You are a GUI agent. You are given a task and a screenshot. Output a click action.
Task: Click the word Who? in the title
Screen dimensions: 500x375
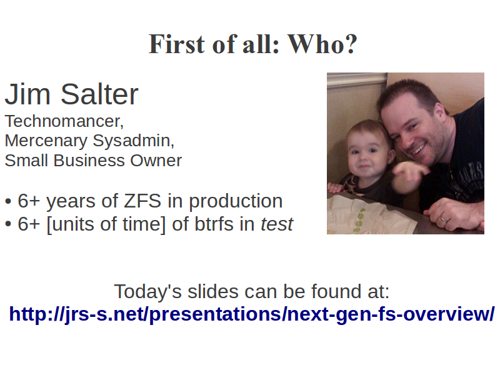[322, 44]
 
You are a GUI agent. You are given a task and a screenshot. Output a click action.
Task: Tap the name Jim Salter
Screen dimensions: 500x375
[71, 94]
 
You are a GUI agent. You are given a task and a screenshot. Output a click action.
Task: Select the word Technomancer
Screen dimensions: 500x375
[64, 121]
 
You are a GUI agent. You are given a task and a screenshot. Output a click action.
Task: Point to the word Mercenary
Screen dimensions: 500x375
[46, 141]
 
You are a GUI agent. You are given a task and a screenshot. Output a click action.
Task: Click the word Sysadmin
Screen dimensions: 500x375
[134, 141]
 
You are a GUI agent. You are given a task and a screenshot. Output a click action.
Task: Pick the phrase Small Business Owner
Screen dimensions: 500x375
[93, 161]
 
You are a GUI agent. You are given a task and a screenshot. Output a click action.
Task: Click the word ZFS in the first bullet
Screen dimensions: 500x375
[142, 201]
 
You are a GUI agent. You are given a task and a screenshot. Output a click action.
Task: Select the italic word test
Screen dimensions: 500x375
[277, 224]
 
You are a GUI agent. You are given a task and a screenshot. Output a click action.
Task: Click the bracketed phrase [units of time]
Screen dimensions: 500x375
[106, 224]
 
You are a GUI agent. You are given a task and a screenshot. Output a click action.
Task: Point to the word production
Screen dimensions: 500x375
[236, 201]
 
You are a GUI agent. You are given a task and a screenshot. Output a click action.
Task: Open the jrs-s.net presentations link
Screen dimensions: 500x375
[252, 314]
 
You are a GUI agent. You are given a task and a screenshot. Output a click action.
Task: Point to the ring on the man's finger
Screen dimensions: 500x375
[444, 219]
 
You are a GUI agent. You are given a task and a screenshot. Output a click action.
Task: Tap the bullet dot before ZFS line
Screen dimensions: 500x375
[8, 202]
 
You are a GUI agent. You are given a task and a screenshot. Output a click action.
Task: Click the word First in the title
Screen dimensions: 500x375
[176, 44]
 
